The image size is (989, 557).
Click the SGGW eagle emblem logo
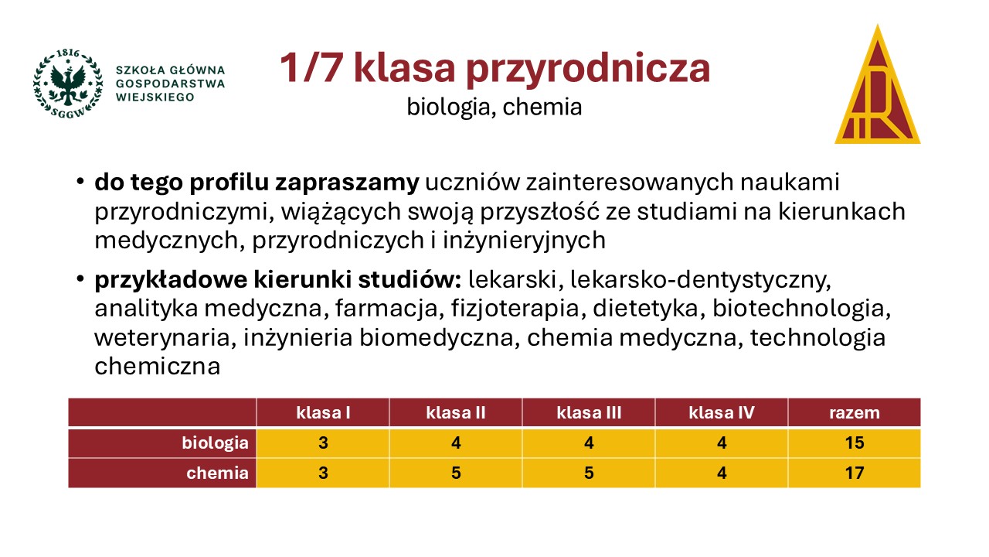[x=68, y=84]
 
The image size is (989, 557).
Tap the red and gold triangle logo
[x=877, y=84]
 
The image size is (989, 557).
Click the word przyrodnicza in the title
[x=588, y=70]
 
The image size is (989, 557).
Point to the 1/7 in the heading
[x=311, y=67]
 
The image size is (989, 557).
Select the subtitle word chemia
[x=542, y=107]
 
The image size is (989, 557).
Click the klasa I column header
[x=323, y=412]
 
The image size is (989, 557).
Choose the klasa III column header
[x=589, y=412]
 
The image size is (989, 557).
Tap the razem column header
[x=855, y=413]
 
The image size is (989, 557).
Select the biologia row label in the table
[x=216, y=443]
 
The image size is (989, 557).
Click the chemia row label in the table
[x=218, y=473]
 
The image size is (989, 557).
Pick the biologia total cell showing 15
[x=855, y=443]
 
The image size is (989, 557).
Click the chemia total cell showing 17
[x=855, y=473]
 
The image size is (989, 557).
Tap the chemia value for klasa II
[x=456, y=473]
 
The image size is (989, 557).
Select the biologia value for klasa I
[x=323, y=443]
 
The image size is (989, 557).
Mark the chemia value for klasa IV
[x=722, y=473]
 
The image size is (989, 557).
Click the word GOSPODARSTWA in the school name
[x=171, y=84]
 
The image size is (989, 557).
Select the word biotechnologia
[x=801, y=309]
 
